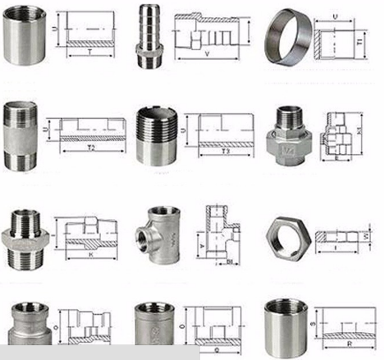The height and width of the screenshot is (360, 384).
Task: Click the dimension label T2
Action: coord(93,150)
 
